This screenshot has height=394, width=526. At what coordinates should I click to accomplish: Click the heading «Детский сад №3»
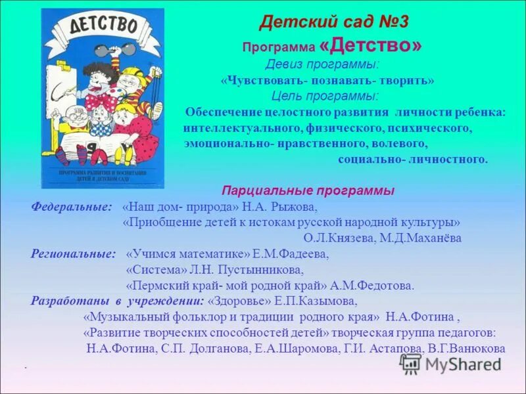tap(334, 22)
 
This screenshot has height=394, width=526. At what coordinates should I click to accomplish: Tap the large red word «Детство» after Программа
tap(371, 46)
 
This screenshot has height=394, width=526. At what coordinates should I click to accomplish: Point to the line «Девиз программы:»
tap(322, 64)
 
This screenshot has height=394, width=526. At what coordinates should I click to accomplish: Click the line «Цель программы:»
tap(325, 96)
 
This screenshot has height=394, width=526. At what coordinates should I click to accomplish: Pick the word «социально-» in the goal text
tap(371, 159)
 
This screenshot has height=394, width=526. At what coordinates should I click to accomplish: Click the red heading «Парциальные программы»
tap(308, 190)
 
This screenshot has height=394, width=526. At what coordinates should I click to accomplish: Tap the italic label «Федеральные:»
tap(72, 207)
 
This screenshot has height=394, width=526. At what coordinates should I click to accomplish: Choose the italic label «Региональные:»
tap(73, 253)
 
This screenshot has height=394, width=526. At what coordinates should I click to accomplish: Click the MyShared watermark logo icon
tap(411, 363)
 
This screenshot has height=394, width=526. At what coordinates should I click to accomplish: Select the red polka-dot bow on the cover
tap(99, 100)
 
